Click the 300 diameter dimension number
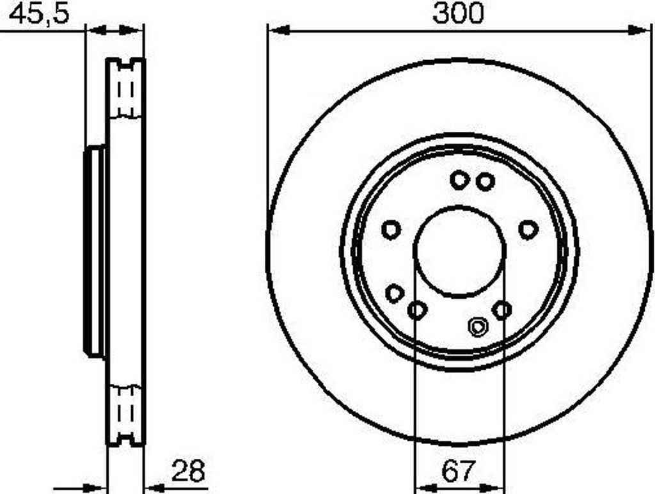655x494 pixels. pyautogui.click(x=458, y=13)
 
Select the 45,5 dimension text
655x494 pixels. pyautogui.click(x=38, y=14)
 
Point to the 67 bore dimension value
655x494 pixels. pyautogui.click(x=459, y=472)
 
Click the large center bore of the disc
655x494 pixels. pyautogui.click(x=459, y=251)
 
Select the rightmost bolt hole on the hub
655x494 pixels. pyautogui.click(x=528, y=229)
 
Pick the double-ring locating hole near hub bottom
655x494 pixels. pyautogui.click(x=477, y=327)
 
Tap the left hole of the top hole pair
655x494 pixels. pyautogui.click(x=459, y=180)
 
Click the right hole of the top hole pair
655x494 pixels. pyautogui.click(x=485, y=182)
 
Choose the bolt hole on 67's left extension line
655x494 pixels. pyautogui.click(x=417, y=311)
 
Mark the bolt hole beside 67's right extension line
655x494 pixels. pyautogui.click(x=502, y=310)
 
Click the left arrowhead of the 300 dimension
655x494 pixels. pyautogui.click(x=279, y=30)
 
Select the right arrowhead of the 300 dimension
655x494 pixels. pyautogui.click(x=640, y=30)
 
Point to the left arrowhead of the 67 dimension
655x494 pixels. pyautogui.click(x=425, y=488)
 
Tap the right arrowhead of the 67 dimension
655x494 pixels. pyautogui.click(x=494, y=488)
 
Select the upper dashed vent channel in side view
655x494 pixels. pyautogui.click(x=126, y=90)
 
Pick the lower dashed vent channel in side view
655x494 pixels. pyautogui.click(x=126, y=413)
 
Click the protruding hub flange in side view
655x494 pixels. pyautogui.click(x=95, y=251)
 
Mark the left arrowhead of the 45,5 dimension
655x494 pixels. pyautogui.click(x=96, y=30)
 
